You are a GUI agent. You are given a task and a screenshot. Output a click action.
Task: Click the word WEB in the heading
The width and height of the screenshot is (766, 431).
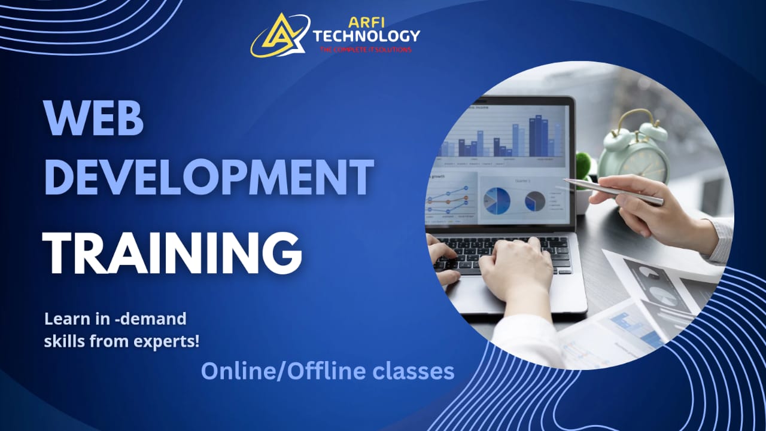tap(94, 119)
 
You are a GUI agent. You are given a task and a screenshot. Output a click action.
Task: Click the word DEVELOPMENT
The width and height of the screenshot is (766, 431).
tap(209, 178)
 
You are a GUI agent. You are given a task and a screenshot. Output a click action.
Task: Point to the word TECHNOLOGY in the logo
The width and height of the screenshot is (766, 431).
tap(366, 36)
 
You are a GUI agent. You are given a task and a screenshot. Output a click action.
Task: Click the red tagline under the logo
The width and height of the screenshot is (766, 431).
tap(366, 50)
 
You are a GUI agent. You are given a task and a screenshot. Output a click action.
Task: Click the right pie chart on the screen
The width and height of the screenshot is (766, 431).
tap(534, 200)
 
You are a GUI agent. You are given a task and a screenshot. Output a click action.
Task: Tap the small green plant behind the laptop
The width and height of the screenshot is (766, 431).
tap(582, 164)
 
